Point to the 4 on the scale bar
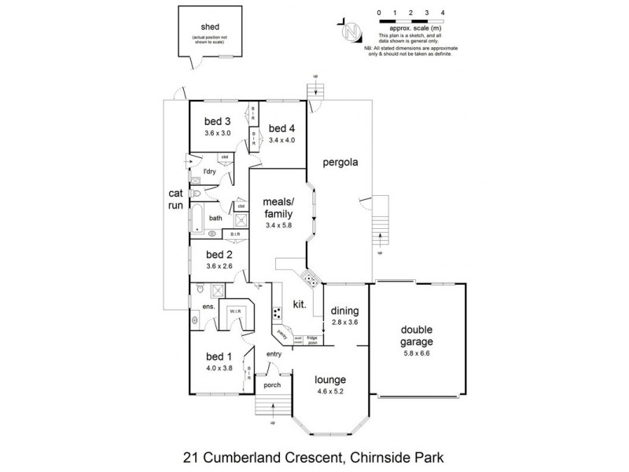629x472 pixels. tap(443, 13)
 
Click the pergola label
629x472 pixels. tap(340, 164)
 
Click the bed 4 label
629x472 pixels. tap(281, 129)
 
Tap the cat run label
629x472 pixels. tap(175, 198)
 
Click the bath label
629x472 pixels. tap(215, 219)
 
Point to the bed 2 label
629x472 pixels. tap(219, 254)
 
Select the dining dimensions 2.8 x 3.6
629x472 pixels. tap(344, 321)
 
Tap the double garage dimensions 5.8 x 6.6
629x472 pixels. tap(417, 354)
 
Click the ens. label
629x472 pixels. tap(209, 306)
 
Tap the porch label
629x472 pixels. tap(272, 385)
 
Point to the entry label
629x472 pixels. tap(274, 354)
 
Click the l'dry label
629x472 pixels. tap(209, 171)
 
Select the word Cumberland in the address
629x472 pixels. tap(256, 455)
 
